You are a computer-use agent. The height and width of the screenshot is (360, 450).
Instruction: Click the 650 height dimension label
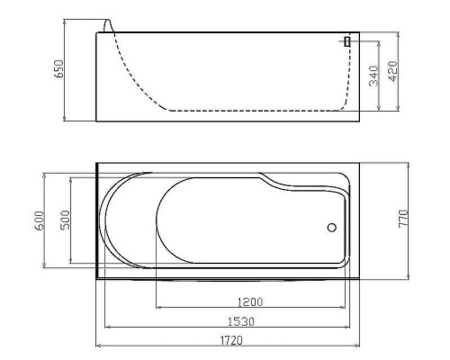[x=58, y=69]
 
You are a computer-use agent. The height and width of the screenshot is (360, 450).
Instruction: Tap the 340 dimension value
[x=373, y=76]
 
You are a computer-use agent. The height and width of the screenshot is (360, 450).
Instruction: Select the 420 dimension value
[x=392, y=71]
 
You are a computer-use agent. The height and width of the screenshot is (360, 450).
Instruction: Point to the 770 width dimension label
[x=403, y=219]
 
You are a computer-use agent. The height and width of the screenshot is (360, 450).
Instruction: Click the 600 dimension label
[x=40, y=220]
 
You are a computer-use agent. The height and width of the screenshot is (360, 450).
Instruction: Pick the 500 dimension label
[x=65, y=220]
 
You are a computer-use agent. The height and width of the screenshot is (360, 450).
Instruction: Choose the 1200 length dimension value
[x=250, y=301]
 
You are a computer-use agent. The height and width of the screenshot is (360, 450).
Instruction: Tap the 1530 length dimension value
[x=241, y=321]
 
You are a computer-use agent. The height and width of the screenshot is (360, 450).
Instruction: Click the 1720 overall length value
[x=231, y=340]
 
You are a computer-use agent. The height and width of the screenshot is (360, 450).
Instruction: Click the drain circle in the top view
[x=332, y=228]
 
